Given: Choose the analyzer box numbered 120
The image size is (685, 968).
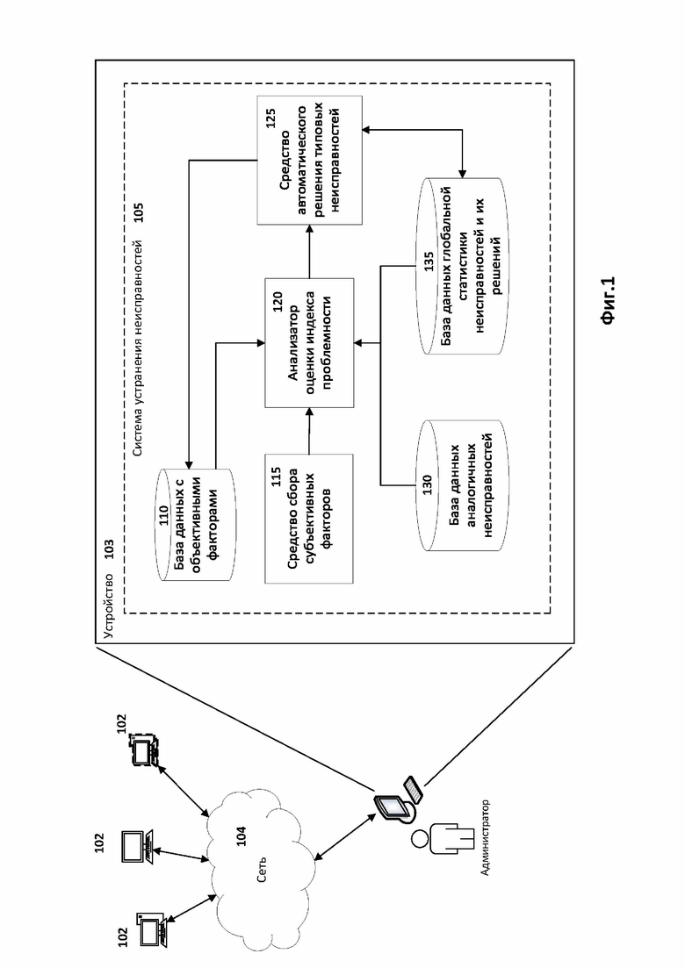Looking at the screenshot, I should [308, 341].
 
